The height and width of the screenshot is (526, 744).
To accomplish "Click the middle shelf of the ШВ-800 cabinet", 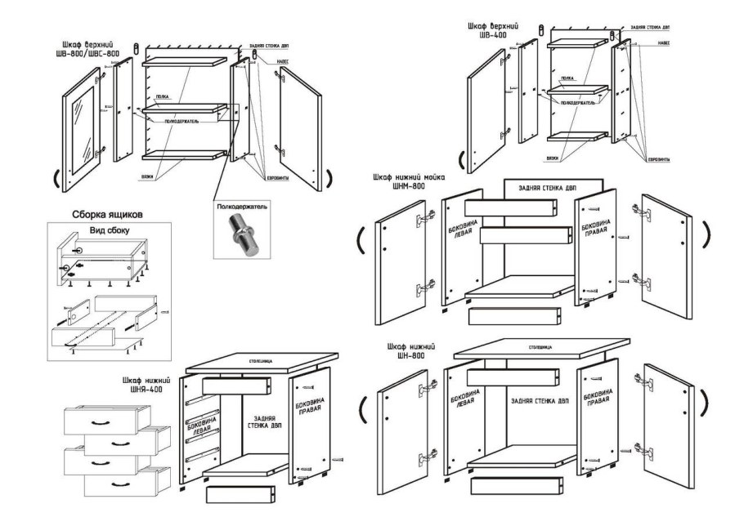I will (x=183, y=108).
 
